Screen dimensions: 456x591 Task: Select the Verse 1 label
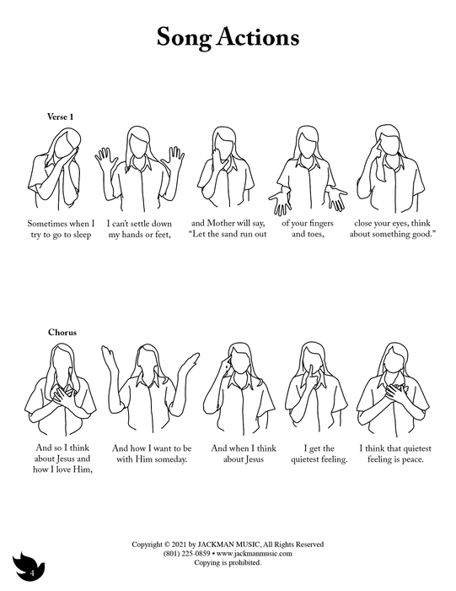[60, 117]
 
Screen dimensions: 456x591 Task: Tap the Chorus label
[62, 333]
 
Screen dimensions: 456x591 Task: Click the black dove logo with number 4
[28, 567]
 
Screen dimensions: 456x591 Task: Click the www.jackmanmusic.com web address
[255, 553]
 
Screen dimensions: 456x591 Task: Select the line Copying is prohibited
[228, 562]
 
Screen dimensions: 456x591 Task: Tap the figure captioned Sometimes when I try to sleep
[54, 169]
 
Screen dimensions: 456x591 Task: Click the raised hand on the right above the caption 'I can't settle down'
[173, 159]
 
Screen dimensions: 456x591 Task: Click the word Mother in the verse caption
[221, 223]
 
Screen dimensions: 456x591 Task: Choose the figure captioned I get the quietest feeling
[316, 388]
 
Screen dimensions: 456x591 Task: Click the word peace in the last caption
[412, 459]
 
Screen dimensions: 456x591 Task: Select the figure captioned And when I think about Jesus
[239, 388]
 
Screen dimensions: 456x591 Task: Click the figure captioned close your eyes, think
[390, 169]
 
